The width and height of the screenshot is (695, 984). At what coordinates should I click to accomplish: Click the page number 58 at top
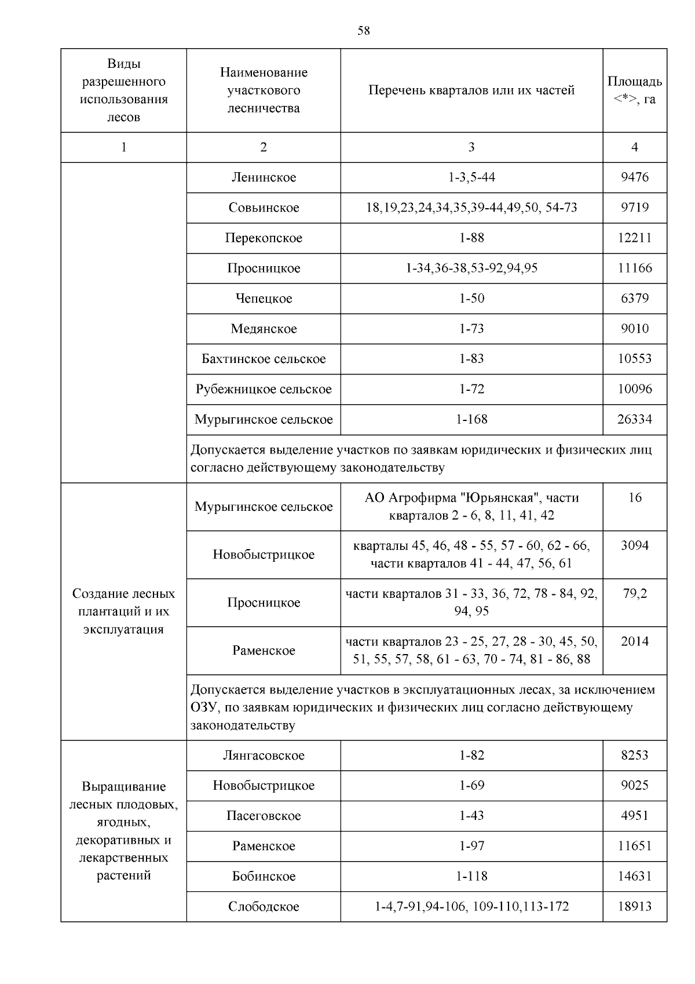[363, 31]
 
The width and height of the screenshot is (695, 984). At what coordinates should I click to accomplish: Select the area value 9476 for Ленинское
[635, 177]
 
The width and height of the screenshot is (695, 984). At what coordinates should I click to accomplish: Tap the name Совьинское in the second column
[264, 208]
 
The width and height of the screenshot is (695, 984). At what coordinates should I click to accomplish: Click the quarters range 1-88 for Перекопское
[471, 238]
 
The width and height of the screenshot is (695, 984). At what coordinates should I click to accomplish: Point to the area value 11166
[635, 268]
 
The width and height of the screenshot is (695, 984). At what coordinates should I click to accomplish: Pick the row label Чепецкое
[264, 299]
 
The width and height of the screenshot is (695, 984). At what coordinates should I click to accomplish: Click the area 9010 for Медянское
[635, 329]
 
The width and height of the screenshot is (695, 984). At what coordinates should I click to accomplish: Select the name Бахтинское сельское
[264, 359]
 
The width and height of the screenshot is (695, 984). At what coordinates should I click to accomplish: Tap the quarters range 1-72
[471, 389]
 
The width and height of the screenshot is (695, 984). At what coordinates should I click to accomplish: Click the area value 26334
[635, 419]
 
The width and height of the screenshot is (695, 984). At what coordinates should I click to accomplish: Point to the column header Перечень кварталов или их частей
[471, 90]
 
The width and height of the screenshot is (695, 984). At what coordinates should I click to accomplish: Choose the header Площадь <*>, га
[635, 90]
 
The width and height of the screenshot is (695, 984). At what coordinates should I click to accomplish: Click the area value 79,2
[635, 593]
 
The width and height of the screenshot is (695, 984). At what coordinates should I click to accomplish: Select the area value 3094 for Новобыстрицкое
[635, 545]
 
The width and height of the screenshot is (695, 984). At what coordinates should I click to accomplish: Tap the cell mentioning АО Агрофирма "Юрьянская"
[471, 506]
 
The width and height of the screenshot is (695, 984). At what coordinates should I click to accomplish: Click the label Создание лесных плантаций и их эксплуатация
[123, 611]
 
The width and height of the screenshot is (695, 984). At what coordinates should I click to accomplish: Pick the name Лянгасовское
[264, 756]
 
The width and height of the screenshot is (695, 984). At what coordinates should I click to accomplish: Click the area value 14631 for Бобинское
[635, 876]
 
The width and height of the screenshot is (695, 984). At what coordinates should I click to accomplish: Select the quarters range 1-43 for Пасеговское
[471, 816]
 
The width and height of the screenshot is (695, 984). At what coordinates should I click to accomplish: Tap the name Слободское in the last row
[264, 907]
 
